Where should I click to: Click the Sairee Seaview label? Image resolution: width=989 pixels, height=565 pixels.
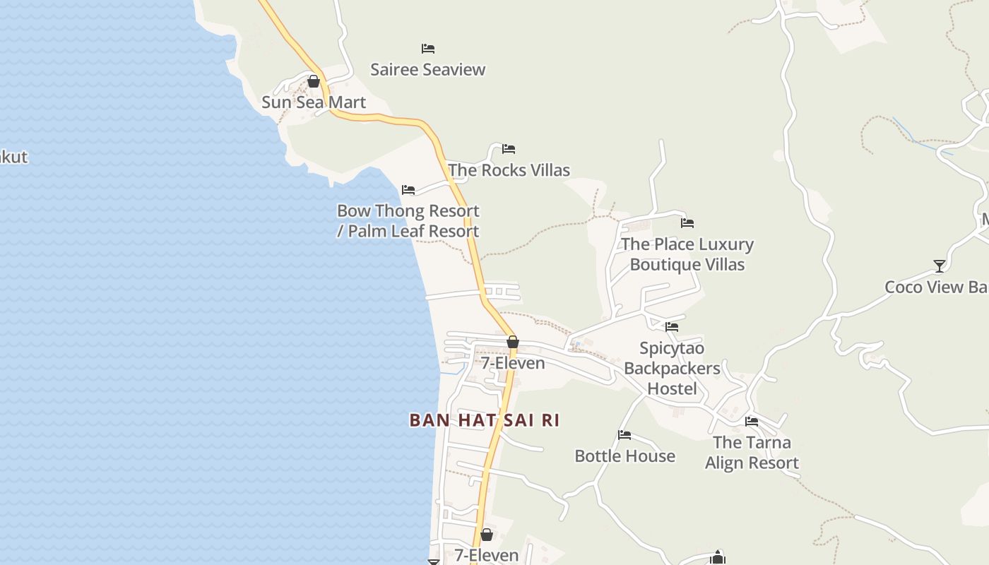tap(428, 69)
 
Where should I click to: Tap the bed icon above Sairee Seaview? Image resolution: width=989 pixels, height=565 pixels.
tap(428, 49)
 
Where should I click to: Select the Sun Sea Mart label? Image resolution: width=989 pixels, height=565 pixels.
tap(314, 102)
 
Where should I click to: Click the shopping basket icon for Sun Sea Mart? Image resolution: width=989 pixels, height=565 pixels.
tap(314, 82)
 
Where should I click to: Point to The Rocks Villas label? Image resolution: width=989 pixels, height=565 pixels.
tap(509, 170)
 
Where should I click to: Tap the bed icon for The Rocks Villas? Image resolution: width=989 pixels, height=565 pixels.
tap(509, 149)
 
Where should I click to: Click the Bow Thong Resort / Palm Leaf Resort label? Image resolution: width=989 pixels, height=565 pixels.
tap(408, 221)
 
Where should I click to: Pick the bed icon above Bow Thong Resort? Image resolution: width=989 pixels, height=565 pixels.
tap(408, 190)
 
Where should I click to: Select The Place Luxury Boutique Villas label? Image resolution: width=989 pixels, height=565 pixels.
tap(687, 254)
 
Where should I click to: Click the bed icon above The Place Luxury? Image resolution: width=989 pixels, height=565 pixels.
tap(687, 223)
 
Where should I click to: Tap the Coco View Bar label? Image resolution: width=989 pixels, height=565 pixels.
tap(936, 287)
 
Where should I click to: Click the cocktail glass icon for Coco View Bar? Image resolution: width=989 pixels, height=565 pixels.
tap(940, 266)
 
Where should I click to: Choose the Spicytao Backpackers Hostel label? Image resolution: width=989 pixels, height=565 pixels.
tap(672, 368)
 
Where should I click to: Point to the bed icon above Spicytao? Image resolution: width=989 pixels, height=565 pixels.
tap(672, 327)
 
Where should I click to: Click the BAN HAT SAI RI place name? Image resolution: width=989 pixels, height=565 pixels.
tap(485, 420)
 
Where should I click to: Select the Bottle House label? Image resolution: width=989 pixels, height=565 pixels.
tap(624, 456)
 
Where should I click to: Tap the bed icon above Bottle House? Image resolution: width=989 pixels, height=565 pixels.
tap(624, 435)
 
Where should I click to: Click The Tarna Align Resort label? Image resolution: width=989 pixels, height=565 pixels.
tap(752, 453)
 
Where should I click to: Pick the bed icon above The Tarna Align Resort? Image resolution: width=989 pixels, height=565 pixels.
tap(752, 422)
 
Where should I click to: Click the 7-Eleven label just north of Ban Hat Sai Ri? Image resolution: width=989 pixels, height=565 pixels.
tap(513, 363)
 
